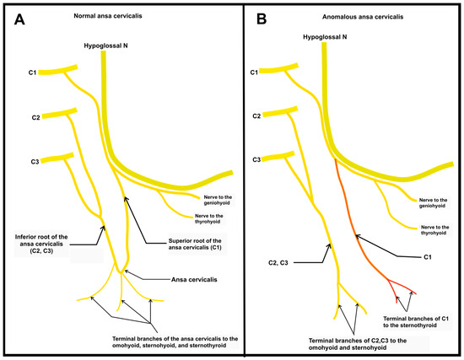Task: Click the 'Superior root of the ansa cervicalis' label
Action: [x=186, y=246]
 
